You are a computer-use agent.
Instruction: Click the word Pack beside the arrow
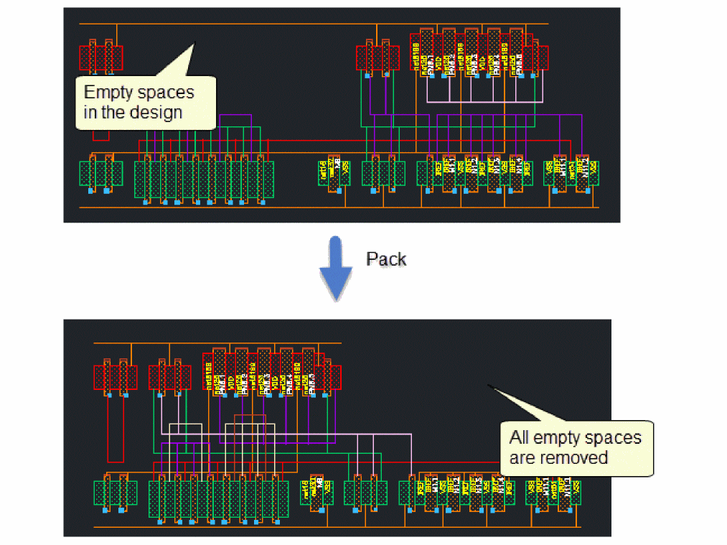[x=386, y=259]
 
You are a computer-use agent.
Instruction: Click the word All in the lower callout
[x=520, y=437]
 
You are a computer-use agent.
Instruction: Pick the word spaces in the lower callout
[x=608, y=437]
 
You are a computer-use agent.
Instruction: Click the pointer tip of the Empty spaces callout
[x=194, y=45]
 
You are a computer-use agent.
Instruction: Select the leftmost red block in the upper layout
[x=100, y=57]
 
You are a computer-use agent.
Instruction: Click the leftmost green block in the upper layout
[x=100, y=174]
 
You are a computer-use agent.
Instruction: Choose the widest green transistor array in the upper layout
[x=204, y=179]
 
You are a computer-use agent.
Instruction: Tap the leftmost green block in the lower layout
[x=115, y=493]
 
